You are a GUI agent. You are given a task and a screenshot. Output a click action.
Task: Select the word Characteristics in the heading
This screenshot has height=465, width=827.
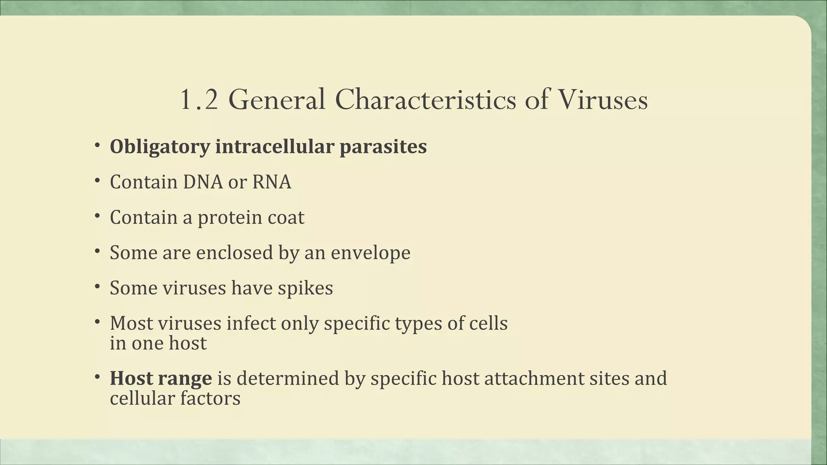[x=425, y=100]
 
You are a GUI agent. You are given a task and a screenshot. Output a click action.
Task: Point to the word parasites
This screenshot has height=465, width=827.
[x=383, y=147]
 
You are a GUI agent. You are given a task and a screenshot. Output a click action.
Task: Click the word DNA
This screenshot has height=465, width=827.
[x=203, y=182]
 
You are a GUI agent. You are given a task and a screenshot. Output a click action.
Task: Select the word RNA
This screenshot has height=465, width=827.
[x=271, y=182]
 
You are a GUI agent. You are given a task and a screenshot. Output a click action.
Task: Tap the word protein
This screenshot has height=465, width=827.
[x=230, y=218]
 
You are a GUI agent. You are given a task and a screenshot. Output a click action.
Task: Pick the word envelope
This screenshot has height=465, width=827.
[x=370, y=253]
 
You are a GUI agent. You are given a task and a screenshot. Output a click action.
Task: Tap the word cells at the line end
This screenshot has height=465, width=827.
[x=488, y=323]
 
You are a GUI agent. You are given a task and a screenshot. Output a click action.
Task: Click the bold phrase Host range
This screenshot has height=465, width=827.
[x=161, y=379]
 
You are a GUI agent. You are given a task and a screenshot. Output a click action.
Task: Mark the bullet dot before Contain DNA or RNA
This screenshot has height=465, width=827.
[x=97, y=181]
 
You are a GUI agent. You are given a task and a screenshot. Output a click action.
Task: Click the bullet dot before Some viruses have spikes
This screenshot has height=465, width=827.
[x=97, y=287]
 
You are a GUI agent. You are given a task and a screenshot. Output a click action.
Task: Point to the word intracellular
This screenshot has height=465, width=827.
[x=275, y=147]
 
